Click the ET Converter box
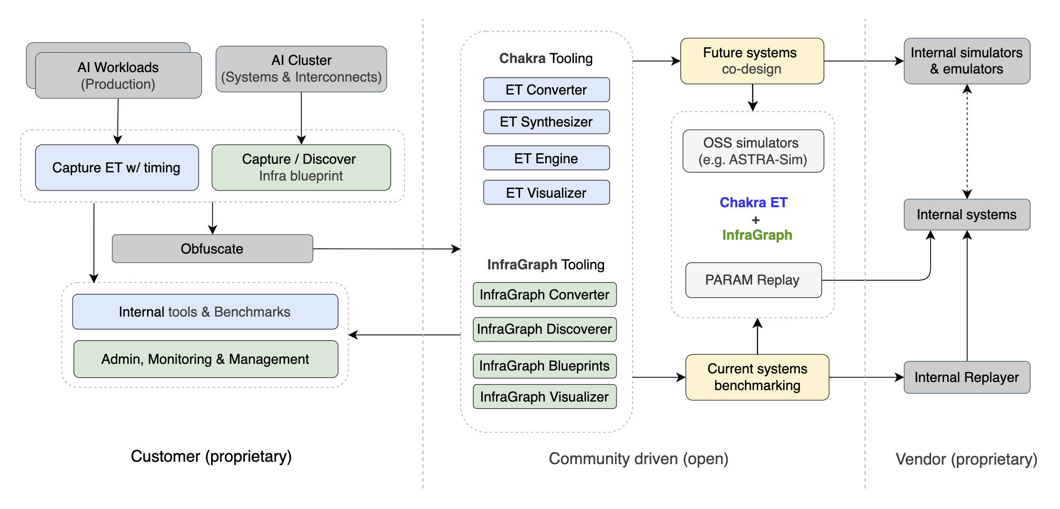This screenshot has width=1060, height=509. [x=546, y=90]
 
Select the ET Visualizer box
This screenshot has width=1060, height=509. [x=546, y=192]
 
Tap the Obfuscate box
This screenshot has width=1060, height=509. [x=212, y=249]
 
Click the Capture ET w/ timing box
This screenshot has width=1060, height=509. [x=117, y=168]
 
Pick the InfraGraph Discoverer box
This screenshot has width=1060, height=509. [x=544, y=329]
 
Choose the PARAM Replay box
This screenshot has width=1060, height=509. [x=753, y=280]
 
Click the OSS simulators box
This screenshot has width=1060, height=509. [x=753, y=151]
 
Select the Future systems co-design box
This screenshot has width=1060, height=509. [x=752, y=61]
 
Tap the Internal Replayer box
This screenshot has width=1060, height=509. [x=966, y=377]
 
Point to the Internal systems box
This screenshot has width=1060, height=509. [x=966, y=214]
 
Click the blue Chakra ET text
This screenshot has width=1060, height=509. [x=753, y=202]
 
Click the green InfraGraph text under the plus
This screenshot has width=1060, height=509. [x=757, y=235]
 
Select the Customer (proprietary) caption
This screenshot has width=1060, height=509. [x=211, y=456]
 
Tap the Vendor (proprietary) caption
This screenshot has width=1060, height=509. [x=966, y=459]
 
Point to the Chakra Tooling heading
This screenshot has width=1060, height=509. [x=546, y=58]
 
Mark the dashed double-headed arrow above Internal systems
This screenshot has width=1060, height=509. [x=967, y=141]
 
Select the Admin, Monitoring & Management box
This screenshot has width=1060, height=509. [x=205, y=359]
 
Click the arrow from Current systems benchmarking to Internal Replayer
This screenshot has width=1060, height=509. [x=866, y=377]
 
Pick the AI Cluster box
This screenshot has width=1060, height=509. [x=301, y=69]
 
